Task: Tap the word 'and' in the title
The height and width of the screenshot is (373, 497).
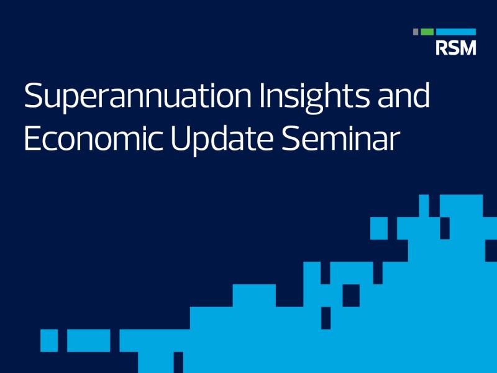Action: tap(403, 95)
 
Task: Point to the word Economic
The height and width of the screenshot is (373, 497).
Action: tap(94, 138)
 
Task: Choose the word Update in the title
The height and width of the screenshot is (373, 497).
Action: tap(222, 139)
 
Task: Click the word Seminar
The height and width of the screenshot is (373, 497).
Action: tap(340, 138)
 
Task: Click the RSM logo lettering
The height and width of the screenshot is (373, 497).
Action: tap(456, 48)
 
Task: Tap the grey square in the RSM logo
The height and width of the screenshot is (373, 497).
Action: tap(416, 32)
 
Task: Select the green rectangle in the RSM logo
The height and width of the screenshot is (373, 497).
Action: tap(427, 32)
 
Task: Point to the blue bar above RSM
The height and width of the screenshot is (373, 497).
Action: tap(456, 32)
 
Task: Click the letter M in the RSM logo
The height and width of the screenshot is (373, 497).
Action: tap(468, 48)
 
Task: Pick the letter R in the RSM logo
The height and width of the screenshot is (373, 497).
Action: tap(441, 48)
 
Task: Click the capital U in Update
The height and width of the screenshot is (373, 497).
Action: tap(181, 138)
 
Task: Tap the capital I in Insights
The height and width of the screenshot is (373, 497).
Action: tap(262, 96)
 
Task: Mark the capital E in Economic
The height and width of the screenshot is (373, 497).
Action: tap(32, 138)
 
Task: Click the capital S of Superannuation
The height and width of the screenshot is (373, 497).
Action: tap(33, 96)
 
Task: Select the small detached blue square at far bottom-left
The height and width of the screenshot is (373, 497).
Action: tap(49, 341)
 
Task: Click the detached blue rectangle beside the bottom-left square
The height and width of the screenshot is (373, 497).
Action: tap(89, 341)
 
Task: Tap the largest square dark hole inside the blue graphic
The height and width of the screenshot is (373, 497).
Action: tap(351, 296)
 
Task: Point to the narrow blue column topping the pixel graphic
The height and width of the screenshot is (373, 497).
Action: tap(424, 206)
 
